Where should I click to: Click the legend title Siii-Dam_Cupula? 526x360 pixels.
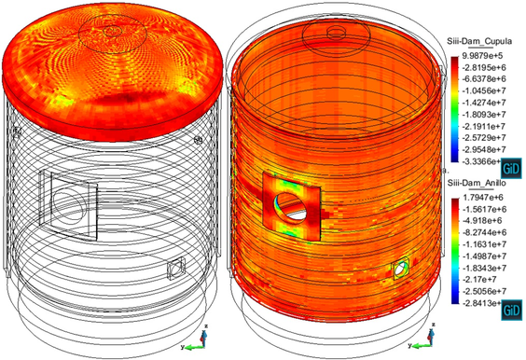486,44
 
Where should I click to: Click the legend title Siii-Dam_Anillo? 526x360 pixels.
484,187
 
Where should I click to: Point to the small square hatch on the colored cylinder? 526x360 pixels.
399,269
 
